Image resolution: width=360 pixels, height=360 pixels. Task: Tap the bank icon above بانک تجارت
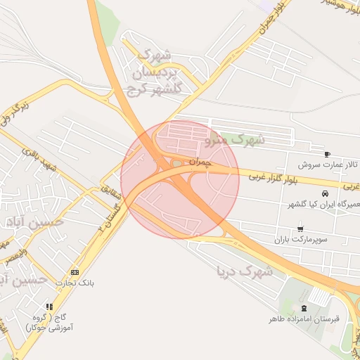coord(75,272)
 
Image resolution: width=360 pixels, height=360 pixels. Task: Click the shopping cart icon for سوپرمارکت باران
coord(301,229)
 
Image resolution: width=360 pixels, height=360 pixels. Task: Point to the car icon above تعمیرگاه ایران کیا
coord(324,193)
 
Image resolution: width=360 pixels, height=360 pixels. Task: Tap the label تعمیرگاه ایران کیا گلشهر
coord(314,205)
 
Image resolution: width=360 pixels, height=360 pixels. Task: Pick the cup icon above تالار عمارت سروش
coord(327,153)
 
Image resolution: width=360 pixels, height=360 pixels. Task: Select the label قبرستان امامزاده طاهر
coord(304,319)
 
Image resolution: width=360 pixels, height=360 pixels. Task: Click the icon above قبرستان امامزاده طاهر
coord(304,308)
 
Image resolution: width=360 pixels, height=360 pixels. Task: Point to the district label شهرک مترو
coord(235,139)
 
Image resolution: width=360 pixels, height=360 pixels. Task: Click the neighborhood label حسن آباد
coord(32,223)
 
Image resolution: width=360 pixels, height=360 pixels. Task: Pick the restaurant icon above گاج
coord(49,307)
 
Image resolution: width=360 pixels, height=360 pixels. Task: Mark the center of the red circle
coord(180,179)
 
